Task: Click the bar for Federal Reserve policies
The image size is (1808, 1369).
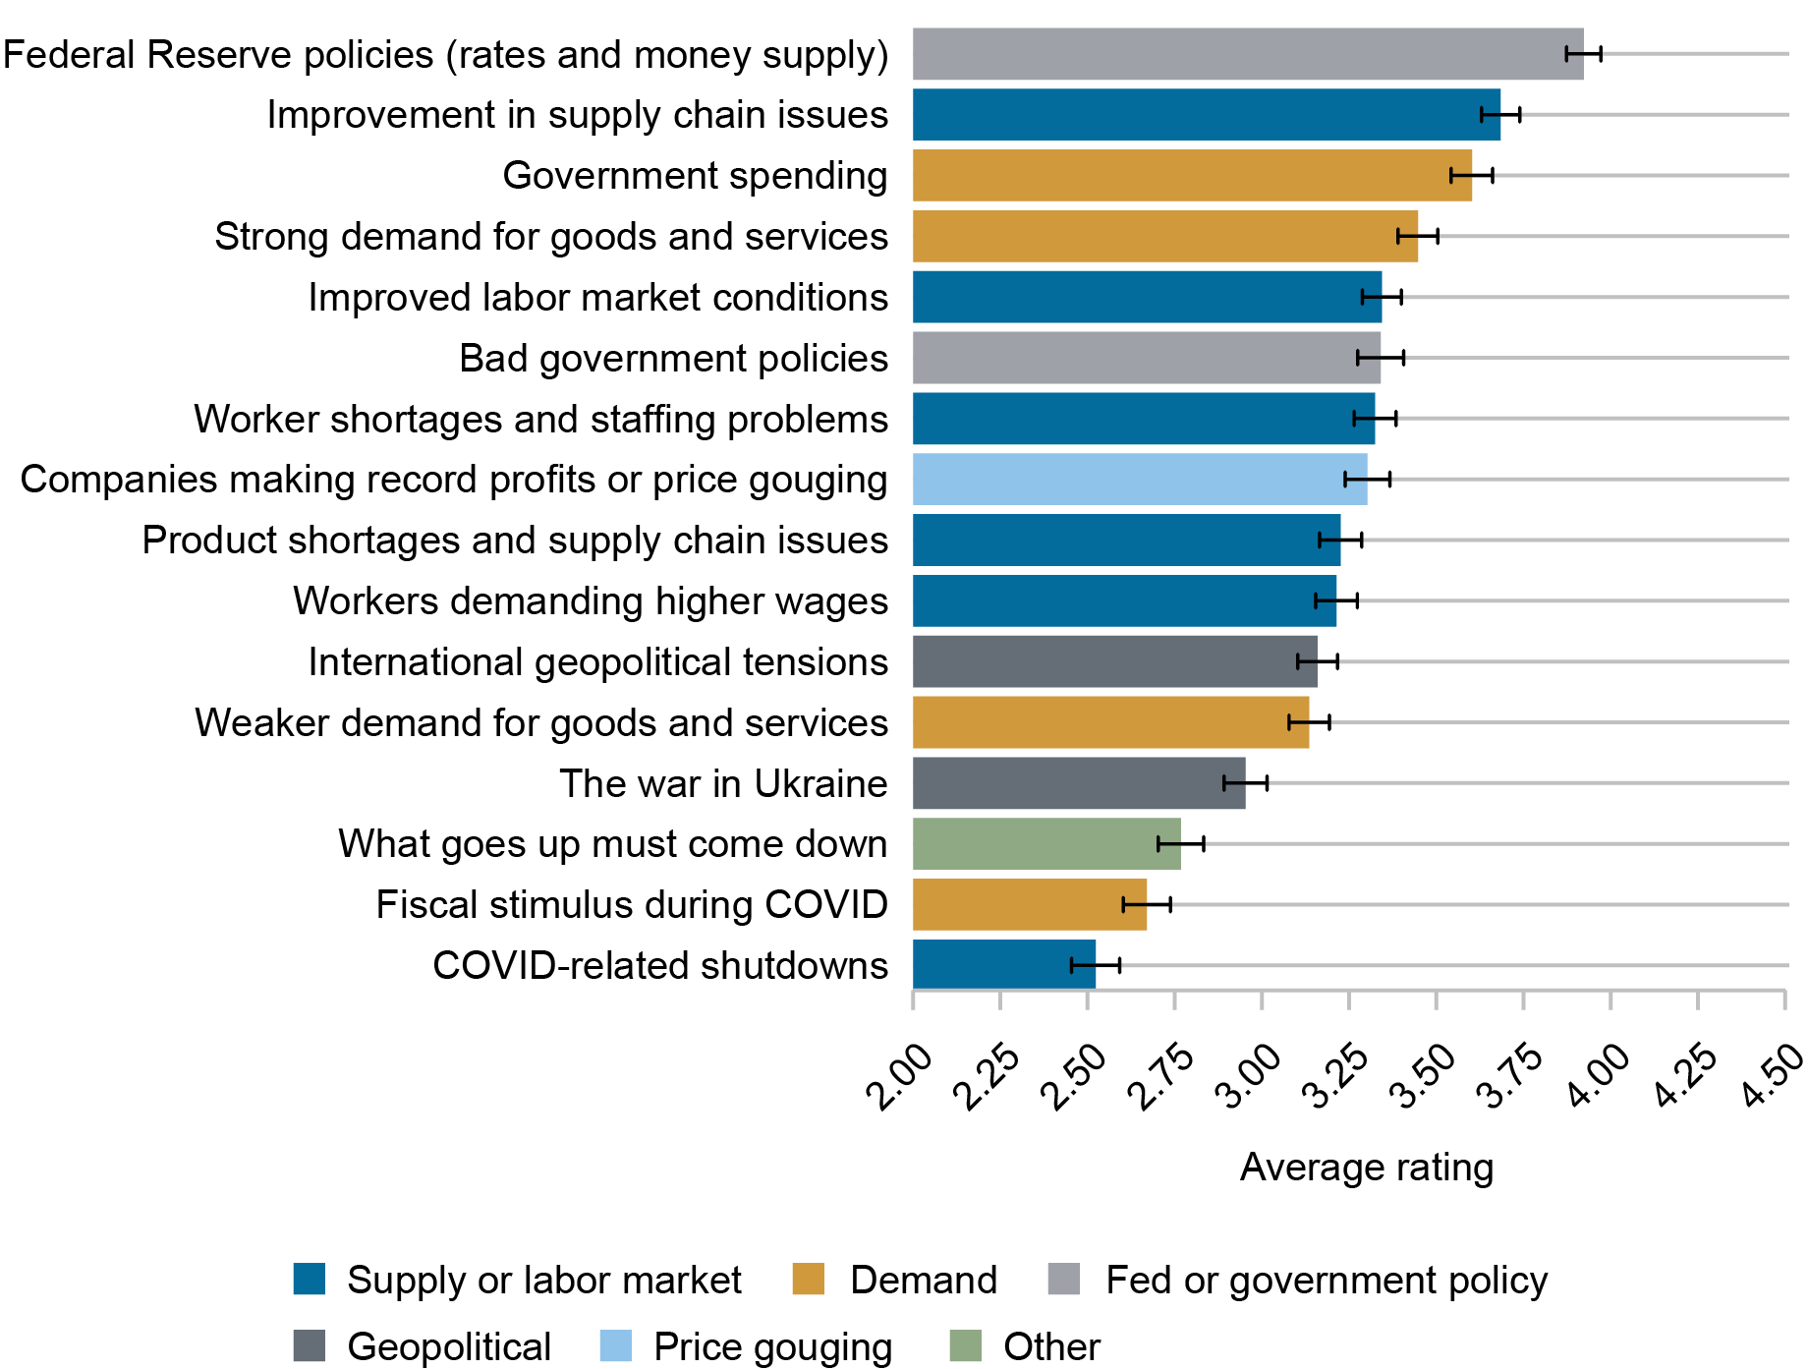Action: click(1248, 54)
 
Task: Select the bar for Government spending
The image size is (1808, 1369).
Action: click(1191, 175)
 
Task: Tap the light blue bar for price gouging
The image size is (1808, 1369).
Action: click(1140, 479)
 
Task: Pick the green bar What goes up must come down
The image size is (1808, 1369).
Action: click(1046, 843)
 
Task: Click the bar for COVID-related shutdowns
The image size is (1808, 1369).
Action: click(1003, 964)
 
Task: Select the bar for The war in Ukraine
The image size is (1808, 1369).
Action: click(1078, 782)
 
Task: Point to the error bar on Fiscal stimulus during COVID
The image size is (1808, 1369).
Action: click(1147, 904)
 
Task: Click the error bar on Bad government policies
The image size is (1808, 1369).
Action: click(1381, 358)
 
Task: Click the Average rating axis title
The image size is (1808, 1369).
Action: click(1366, 1168)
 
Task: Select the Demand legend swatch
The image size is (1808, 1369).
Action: click(808, 1280)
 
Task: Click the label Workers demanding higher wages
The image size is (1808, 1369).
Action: click(591, 600)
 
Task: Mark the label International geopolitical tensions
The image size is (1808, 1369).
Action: click(597, 661)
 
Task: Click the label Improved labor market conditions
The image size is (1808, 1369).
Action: click(597, 297)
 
